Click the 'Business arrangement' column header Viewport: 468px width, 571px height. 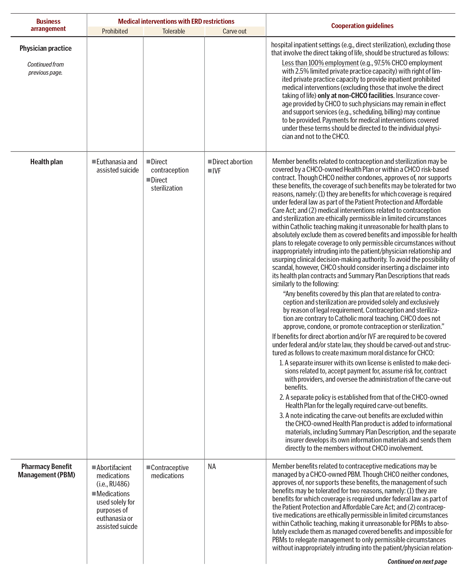(x=48, y=25)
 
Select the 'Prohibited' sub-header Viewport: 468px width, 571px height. (x=115, y=31)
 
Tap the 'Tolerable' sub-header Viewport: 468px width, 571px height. (x=174, y=31)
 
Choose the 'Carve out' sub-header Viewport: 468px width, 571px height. (x=235, y=31)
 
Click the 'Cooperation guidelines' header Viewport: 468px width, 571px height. (x=362, y=26)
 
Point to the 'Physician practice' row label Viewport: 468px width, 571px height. (x=46, y=48)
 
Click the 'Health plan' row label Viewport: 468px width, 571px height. (x=46, y=162)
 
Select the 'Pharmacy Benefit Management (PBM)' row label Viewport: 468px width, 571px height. (x=46, y=471)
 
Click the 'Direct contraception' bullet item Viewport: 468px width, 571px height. (x=170, y=166)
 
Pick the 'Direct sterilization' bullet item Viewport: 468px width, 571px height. (x=167, y=184)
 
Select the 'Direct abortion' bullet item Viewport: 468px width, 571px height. (x=232, y=162)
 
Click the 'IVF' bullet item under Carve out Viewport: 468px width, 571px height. (x=216, y=171)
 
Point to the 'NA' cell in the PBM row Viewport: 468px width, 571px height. (x=212, y=467)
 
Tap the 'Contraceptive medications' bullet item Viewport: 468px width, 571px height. (x=170, y=472)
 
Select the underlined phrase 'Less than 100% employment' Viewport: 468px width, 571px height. (x=320, y=63)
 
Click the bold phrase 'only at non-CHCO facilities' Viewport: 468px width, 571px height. (x=355, y=96)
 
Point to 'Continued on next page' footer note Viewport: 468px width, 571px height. (x=417, y=562)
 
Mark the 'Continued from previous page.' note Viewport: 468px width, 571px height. (x=46, y=68)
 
